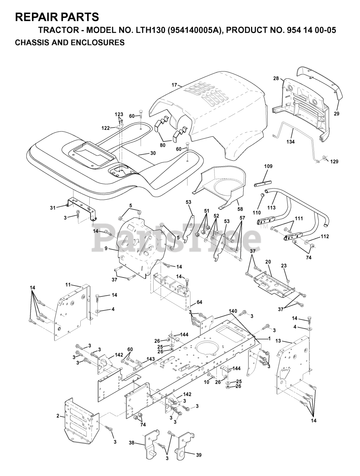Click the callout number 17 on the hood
pos(174,85)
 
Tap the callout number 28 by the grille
pos(276,78)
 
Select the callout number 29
pos(336,114)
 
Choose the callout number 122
pos(106,128)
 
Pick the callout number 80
pos(163,145)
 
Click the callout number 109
pos(269,166)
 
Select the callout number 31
pos(52,208)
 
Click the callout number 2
pos(58,416)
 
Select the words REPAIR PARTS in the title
pos(57,17)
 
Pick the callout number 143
pos(150,359)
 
